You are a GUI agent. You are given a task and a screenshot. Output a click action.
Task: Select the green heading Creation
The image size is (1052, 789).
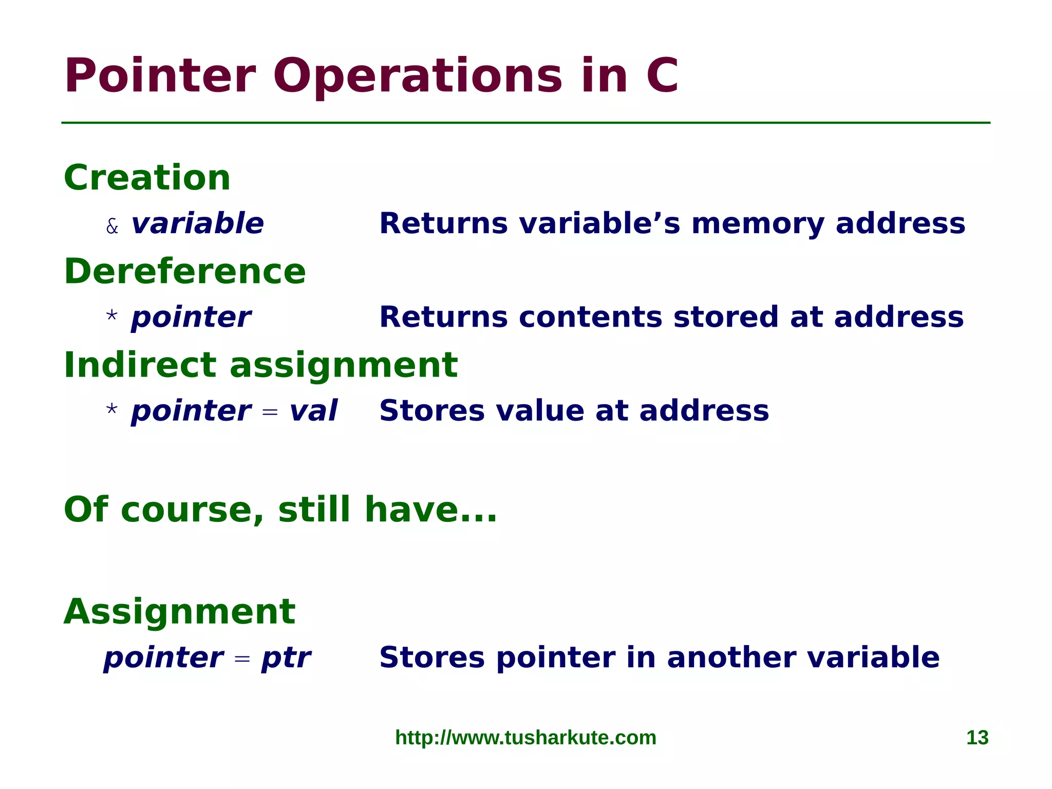coord(147,178)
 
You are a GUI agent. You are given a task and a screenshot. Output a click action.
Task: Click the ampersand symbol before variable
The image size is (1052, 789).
coord(112,226)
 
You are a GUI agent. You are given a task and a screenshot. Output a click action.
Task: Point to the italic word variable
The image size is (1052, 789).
coord(197,224)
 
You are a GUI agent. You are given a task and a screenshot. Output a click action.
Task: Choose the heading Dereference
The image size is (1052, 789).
coord(185,271)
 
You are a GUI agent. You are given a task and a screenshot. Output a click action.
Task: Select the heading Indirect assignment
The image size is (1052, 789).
coord(260,365)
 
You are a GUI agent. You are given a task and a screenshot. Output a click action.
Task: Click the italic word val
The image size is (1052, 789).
coord(313,411)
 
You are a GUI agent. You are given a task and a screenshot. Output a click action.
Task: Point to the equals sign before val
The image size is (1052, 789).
coord(270,412)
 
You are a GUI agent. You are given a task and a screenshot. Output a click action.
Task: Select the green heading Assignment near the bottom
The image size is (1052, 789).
coord(179,612)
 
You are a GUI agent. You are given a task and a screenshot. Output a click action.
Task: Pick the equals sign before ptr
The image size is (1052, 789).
coord(242,659)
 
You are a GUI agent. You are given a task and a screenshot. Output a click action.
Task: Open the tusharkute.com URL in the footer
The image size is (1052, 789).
coord(525,738)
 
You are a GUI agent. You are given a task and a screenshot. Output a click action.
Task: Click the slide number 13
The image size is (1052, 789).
coord(977,738)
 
